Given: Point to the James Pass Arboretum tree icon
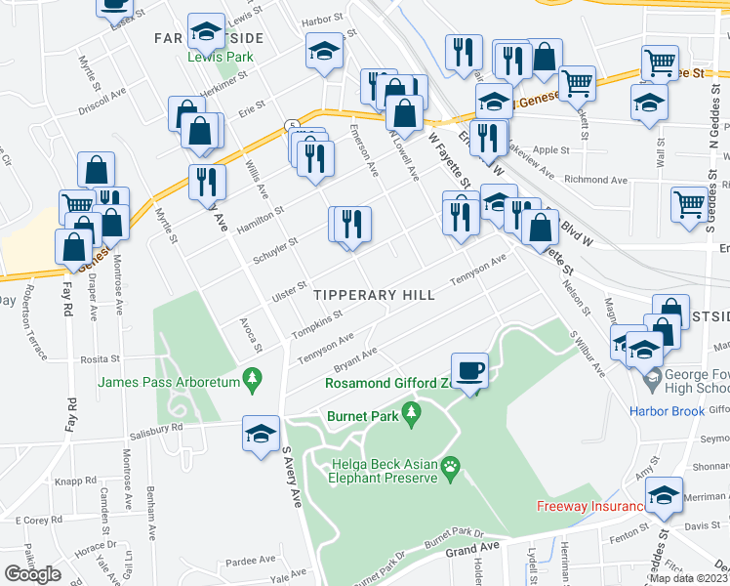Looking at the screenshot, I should click(253, 377).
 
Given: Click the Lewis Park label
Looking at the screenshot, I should click(221, 57).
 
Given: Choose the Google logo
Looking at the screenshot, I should click(32, 574).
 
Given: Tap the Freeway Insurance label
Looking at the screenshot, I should click(589, 506).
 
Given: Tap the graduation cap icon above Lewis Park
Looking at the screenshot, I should click(206, 31).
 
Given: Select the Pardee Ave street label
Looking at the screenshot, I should click(251, 560).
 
